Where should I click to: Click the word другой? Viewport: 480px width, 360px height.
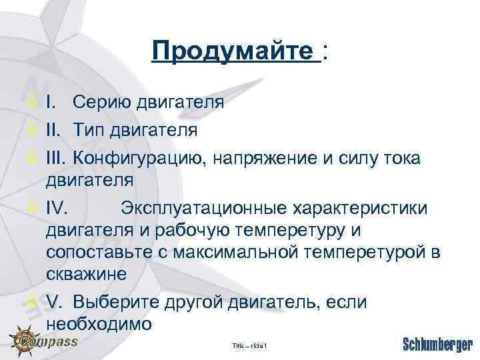click(194, 301)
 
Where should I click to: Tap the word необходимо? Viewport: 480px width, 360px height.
click(99, 324)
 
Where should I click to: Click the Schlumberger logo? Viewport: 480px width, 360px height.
click(437, 345)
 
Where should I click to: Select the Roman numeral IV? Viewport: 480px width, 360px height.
click(57, 209)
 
